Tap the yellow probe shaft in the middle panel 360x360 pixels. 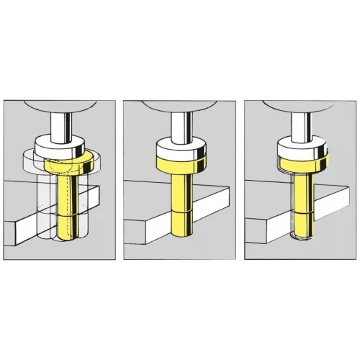[x=180, y=209]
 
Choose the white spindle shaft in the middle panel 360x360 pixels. [x=179, y=126]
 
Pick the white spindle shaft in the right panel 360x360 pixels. [x=302, y=126]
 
